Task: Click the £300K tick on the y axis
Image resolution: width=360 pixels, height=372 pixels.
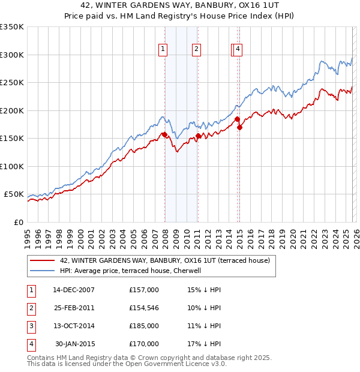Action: pos(12,55)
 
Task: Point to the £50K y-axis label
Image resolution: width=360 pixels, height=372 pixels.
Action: pos(14,194)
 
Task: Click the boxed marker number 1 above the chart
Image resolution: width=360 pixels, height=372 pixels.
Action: pos(163,50)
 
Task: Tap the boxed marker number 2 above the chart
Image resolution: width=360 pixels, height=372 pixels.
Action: pos(196,50)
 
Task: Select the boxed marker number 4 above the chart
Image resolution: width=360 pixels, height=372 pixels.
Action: pos(238,50)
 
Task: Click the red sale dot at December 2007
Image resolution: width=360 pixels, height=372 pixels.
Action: pos(164,134)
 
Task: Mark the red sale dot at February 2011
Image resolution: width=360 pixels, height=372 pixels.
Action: pos(198,136)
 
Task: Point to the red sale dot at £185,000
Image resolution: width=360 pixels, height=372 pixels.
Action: pos(236,119)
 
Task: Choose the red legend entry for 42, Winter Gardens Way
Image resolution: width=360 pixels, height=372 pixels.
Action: pos(165,260)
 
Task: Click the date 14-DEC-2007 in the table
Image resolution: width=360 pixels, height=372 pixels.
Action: pos(73,290)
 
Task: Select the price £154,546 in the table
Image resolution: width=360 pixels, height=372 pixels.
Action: pos(144,308)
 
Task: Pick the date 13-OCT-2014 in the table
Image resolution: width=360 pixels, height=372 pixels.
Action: pos(73,326)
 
